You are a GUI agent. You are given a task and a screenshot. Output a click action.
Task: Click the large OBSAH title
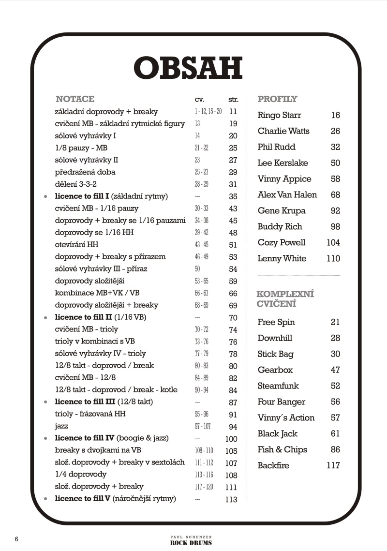(x=188, y=69)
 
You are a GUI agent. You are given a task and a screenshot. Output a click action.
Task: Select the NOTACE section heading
(x=75, y=99)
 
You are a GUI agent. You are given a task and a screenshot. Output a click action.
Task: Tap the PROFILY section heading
(x=277, y=99)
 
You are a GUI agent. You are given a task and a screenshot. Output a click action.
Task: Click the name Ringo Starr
(x=279, y=115)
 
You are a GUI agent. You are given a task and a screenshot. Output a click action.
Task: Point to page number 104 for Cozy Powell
(x=333, y=242)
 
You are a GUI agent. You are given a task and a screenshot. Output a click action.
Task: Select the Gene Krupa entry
(x=282, y=210)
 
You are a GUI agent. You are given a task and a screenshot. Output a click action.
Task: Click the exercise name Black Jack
(x=277, y=433)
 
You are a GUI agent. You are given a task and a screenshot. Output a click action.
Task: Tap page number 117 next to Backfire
(x=333, y=465)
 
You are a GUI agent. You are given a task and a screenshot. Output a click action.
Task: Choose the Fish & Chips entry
(x=282, y=449)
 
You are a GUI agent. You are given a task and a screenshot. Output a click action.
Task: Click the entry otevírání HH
(x=76, y=244)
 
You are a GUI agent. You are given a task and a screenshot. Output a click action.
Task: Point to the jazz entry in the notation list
(x=61, y=426)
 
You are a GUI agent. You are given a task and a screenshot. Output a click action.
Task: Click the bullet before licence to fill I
(x=45, y=197)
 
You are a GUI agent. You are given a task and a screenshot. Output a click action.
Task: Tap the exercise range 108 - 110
(x=204, y=450)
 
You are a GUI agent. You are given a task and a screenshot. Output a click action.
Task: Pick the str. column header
(x=233, y=100)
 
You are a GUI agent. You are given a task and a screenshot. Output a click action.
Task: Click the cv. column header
(x=199, y=100)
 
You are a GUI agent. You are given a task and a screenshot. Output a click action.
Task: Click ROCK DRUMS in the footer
(x=191, y=543)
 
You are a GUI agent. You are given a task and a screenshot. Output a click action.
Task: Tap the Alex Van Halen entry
(x=287, y=194)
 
